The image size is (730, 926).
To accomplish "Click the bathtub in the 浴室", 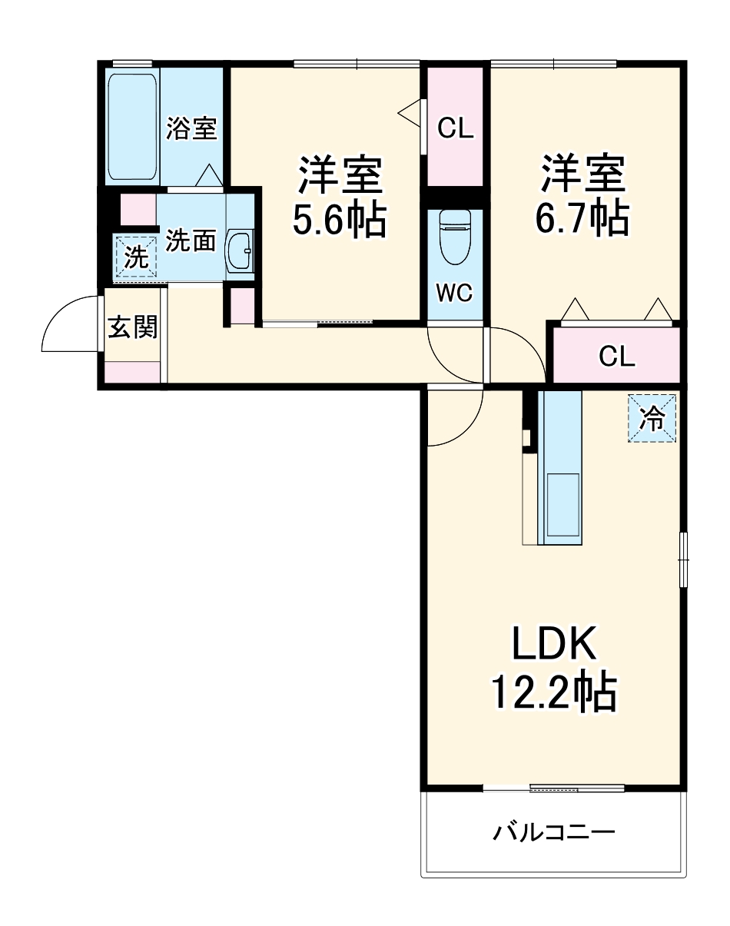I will point(133,127).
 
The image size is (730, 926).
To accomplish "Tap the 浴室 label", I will point(191,128).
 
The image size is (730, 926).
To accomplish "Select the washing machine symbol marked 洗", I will point(136,257).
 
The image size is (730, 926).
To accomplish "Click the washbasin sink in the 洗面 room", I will point(241,250).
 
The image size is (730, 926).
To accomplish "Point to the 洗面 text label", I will point(191,241).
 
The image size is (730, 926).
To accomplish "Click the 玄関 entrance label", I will point(132,327).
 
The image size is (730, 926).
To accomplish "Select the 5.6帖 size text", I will point(338,221).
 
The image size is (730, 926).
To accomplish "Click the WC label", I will point(455,293).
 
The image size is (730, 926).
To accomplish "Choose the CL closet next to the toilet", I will point(455,128).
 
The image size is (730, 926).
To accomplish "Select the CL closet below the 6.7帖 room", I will point(616,355).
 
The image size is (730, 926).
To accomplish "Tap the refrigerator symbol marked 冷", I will point(652,419).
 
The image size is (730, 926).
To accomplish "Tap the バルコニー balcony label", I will point(553,832).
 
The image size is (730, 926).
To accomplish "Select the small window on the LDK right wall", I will point(682,559).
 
